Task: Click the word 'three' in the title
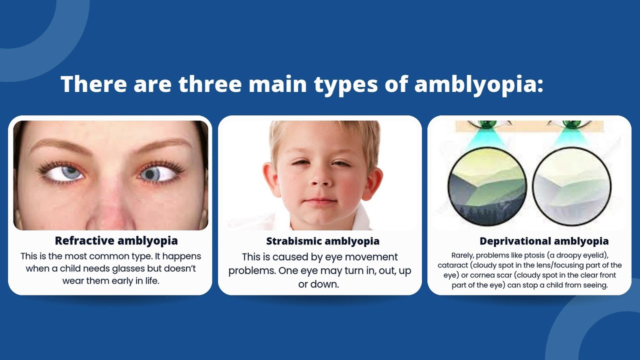210,84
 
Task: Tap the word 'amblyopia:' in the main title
478,84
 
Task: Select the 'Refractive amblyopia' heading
116,240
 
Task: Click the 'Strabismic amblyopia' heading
322,241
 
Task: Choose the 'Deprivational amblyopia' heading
544,241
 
